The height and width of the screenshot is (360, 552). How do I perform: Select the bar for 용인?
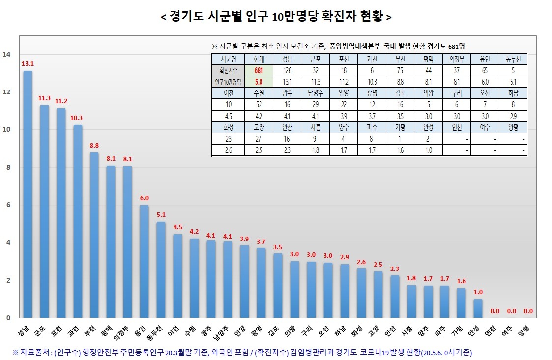[144, 261]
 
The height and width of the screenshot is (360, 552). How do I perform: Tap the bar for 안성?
[477, 308]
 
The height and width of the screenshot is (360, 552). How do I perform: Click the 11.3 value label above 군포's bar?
[44, 98]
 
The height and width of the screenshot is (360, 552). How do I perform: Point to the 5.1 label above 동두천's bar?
[161, 215]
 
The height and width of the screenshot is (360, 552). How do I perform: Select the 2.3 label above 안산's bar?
[394, 269]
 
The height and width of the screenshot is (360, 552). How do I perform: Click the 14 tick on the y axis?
[6, 54]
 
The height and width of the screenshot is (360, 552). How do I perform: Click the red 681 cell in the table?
[259, 71]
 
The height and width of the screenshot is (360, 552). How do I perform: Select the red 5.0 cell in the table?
[259, 82]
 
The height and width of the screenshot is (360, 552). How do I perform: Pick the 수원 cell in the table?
[259, 92]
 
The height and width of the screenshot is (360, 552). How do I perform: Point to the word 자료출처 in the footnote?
[35, 352]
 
